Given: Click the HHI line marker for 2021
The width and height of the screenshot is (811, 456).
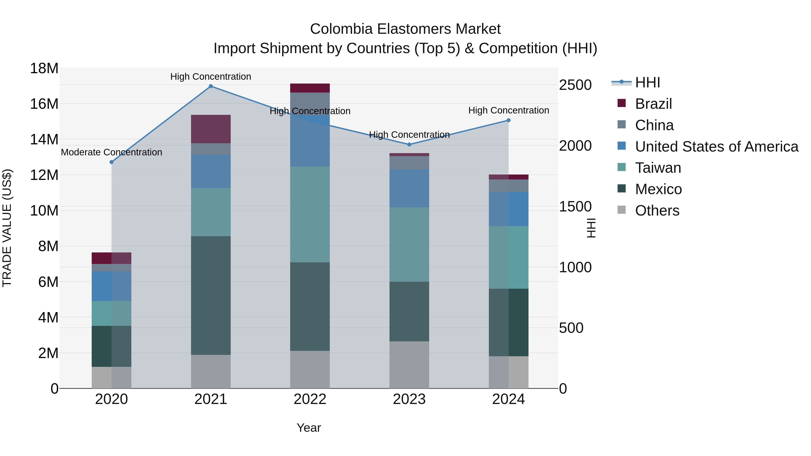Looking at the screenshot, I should tap(211, 86).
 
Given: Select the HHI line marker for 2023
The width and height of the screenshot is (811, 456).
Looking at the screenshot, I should tap(409, 144).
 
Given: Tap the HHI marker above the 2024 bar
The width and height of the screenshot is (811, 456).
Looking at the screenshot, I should tap(508, 120).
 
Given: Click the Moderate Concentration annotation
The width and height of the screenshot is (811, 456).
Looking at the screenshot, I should tap(112, 152).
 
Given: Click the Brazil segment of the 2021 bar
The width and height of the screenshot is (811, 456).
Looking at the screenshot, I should tap(211, 129).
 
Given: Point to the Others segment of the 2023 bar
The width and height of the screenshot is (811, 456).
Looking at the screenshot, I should tap(409, 365).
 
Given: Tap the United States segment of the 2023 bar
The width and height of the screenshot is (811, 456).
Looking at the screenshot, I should tap(409, 188).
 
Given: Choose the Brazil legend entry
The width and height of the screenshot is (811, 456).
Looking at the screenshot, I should tap(653, 104).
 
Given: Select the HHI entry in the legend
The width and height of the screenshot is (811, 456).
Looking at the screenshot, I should tap(647, 82).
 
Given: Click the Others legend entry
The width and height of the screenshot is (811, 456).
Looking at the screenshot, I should tap(657, 211).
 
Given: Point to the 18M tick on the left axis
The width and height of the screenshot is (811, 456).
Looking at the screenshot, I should tap(44, 68).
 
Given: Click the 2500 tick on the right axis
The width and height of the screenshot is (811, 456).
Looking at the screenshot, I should tap(575, 85).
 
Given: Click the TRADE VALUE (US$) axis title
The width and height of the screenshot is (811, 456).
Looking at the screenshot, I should tap(7, 228).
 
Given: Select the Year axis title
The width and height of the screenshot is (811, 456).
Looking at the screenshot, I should tap(309, 428).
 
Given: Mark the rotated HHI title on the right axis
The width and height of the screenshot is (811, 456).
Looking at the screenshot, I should tap(592, 228).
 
